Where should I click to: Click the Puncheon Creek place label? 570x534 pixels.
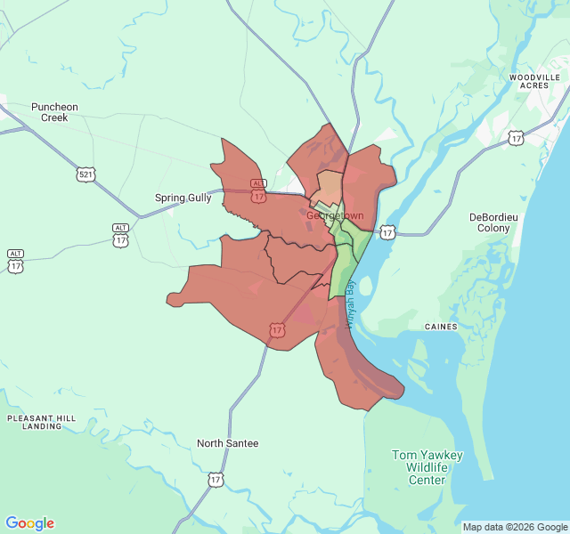(x=54, y=112)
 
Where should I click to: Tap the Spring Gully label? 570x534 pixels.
(x=183, y=198)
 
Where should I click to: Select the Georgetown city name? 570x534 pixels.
(x=335, y=215)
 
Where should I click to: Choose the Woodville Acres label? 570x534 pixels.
(x=534, y=82)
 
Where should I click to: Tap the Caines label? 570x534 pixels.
(x=441, y=327)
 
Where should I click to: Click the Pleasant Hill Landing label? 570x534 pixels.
(x=43, y=422)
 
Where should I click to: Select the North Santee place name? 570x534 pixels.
(x=228, y=443)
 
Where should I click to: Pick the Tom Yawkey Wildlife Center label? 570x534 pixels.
(x=427, y=467)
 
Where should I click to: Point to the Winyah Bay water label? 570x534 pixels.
(x=351, y=303)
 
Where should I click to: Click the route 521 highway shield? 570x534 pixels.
(x=85, y=174)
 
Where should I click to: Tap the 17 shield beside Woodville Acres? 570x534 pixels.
(x=516, y=137)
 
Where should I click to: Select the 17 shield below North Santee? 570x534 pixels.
(x=216, y=480)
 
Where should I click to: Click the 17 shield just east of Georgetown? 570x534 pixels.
(x=387, y=232)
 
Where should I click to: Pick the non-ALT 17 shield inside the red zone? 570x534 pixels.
(x=276, y=330)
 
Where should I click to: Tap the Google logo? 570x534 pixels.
(x=29, y=523)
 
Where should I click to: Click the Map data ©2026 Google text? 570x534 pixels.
(x=514, y=527)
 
